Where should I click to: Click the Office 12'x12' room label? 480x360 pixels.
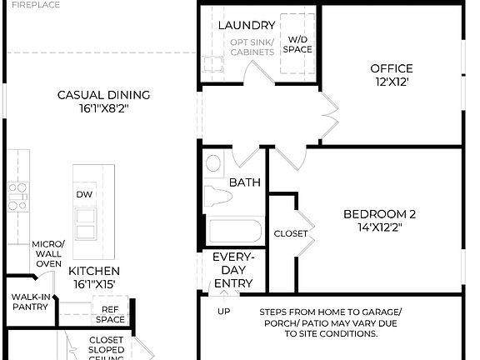coord(392,75)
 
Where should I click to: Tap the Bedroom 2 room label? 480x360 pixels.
coord(379,220)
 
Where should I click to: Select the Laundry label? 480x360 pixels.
coord(247,26)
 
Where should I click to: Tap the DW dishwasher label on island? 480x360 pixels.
coord(84,194)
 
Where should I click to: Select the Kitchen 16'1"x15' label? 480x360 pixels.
coord(93,277)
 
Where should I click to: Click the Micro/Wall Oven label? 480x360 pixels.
coord(47,253)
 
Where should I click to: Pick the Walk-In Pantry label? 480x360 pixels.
coord(29,302)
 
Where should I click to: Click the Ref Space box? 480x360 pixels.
coord(110,313)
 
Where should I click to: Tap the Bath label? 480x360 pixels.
coord(245,182)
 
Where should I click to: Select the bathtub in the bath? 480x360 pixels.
coord(234,231)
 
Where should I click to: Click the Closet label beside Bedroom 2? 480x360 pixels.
coord(291,233)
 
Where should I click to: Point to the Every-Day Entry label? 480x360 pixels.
coord(232,270)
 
